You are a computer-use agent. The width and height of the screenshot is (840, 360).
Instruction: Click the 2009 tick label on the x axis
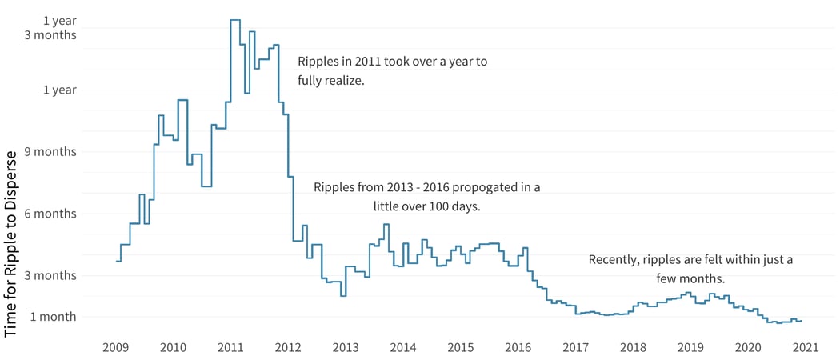[x=116, y=347]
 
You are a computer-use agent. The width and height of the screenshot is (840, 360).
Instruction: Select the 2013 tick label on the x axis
[x=346, y=347]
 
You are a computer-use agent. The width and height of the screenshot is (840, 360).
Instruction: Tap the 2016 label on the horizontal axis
[x=518, y=347]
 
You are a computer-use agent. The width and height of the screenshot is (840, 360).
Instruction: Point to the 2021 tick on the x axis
[x=805, y=347]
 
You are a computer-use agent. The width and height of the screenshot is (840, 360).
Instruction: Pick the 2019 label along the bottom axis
[x=690, y=347]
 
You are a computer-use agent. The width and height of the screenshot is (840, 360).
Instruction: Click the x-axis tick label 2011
[x=230, y=347]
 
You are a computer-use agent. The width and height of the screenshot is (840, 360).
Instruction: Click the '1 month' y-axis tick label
[x=53, y=317]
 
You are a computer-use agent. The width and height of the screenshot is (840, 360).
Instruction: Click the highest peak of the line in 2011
[x=235, y=20]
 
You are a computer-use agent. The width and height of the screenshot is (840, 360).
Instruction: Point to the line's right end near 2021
[x=802, y=321]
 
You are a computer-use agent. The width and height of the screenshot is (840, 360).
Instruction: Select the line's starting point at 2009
[x=117, y=262]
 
